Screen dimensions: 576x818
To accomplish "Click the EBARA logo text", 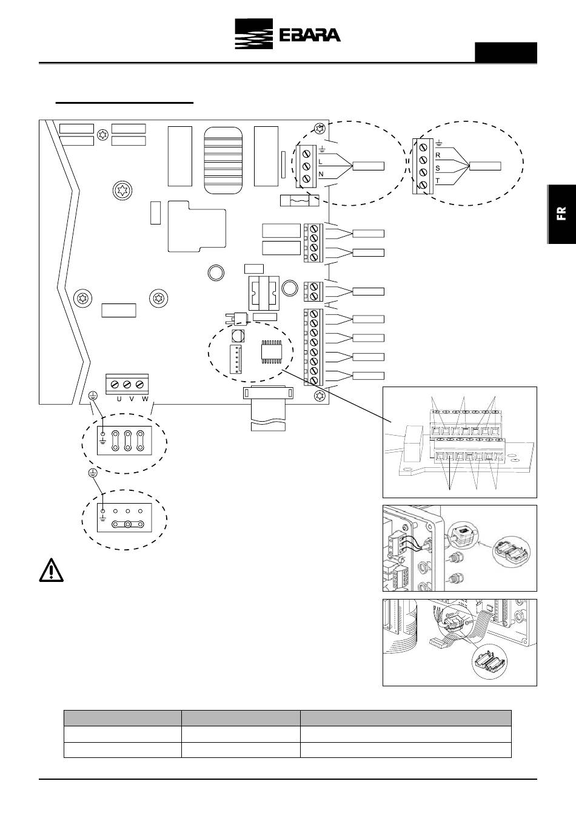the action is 310,35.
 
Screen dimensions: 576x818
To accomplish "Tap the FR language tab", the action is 561,214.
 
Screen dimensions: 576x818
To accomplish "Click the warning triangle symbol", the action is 51,570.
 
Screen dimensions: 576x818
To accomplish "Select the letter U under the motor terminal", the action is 119,399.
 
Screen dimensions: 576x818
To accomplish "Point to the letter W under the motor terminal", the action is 145,399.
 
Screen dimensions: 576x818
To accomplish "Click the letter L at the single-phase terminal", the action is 320,161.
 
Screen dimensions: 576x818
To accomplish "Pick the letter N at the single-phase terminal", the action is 321,174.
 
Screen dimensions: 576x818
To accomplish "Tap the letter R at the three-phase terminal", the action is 438,155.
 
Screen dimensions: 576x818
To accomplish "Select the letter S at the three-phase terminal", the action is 438,168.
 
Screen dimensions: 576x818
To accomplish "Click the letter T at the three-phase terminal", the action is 438,181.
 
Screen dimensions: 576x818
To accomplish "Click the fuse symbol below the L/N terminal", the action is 300,200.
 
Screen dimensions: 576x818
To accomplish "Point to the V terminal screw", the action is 127,385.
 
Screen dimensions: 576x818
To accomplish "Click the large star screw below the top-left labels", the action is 122,191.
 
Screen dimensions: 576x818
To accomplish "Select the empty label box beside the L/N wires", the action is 369,166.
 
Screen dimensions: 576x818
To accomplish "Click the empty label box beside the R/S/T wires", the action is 485,166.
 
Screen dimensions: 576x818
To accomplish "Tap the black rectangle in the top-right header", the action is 506,53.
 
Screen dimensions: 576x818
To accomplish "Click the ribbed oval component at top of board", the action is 223,160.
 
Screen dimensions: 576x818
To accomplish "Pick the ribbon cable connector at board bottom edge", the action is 268,393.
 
